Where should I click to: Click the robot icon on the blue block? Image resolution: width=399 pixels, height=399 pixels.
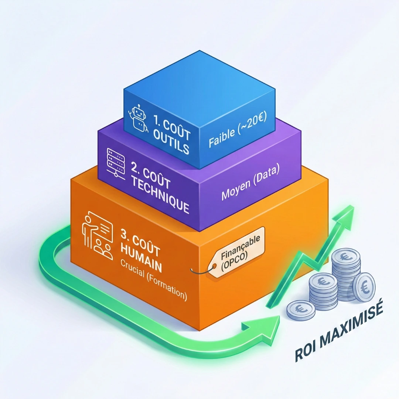[138, 118]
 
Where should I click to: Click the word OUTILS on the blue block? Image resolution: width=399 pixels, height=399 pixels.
[172, 145]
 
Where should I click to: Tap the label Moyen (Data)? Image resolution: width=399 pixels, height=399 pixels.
[250, 185]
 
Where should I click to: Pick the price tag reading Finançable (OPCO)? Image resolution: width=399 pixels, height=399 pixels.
[236, 251]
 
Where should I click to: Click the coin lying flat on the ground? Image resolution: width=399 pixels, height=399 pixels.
[301, 309]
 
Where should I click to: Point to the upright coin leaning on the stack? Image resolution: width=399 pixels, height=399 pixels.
[364, 286]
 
